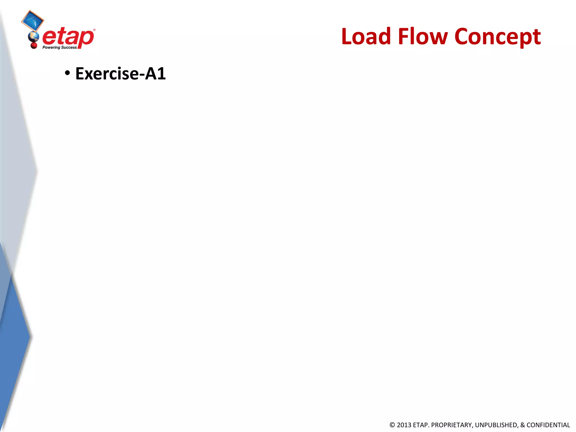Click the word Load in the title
click(x=366, y=37)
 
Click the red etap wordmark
click(x=68, y=37)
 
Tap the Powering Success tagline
click(x=60, y=48)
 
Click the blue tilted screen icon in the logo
click(x=33, y=21)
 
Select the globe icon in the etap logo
click(x=34, y=37)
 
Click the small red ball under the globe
click(x=34, y=45)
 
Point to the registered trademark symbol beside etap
click(x=94, y=30)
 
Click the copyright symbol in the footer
click(x=392, y=425)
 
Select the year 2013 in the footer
click(x=404, y=425)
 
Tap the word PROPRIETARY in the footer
click(x=452, y=425)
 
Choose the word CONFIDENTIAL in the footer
click(x=548, y=425)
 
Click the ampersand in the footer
click(x=523, y=425)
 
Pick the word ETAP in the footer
click(x=420, y=425)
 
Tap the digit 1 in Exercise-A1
click(x=161, y=74)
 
